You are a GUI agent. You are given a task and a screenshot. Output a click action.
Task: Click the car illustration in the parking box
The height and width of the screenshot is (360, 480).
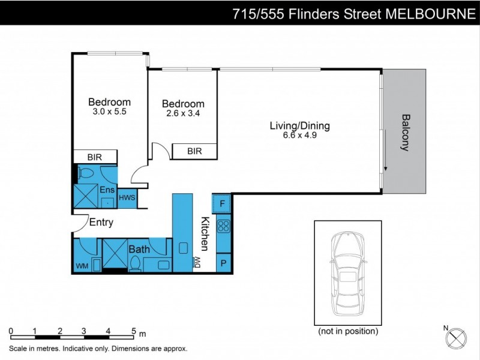pos(347,275)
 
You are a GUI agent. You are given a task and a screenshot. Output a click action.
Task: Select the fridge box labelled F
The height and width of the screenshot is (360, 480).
pos(223,203)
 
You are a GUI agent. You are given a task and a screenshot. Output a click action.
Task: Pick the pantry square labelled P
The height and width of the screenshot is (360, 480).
pos(223,263)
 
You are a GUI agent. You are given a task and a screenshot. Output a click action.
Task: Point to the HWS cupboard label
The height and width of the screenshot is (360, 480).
pos(127,197)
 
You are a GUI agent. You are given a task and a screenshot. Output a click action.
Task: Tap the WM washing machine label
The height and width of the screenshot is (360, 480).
pos(81,266)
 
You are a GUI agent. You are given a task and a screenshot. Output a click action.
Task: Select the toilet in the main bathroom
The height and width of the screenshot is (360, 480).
pos(136,263)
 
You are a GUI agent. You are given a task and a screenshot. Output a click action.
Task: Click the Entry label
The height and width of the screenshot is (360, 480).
pos(101,223)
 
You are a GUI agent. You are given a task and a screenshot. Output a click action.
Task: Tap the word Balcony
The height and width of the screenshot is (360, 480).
pos(405,133)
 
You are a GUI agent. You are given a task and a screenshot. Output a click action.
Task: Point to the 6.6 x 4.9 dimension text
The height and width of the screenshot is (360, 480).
pos(299,136)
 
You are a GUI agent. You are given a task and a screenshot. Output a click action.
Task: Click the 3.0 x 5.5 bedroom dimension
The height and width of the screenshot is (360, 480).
pos(109,111)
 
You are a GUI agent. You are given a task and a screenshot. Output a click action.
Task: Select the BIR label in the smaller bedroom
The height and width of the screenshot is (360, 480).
pos(194,151)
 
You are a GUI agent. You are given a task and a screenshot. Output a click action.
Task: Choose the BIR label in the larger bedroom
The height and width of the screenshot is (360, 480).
pos(94,157)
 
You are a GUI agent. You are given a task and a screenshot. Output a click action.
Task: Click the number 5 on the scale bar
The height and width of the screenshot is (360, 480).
pos(133,331)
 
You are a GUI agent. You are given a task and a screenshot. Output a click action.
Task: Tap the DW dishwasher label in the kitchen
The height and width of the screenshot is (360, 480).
pos(196,262)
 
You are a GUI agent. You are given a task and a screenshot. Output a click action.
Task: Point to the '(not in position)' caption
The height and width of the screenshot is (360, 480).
pos(347,331)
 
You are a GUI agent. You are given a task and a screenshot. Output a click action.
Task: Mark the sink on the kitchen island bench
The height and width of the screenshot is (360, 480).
pos(184,247)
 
